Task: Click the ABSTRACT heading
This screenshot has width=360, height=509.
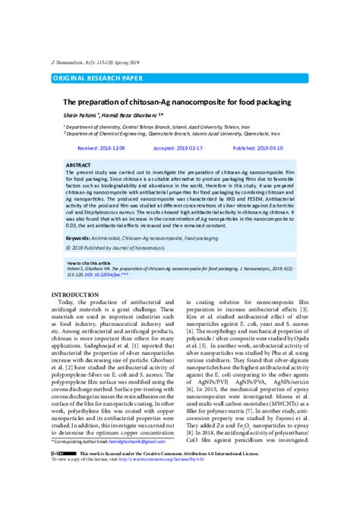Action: pos(78,165)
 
